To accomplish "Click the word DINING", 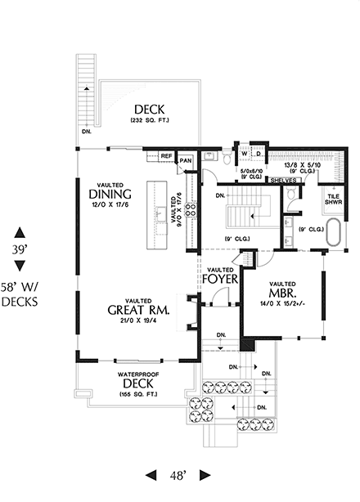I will pyautogui.click(x=112, y=195).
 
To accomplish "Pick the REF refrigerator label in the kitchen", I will pyautogui.click(x=166, y=155).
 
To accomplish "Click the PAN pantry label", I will pyautogui.click(x=187, y=160).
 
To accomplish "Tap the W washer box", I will pyautogui.click(x=244, y=153).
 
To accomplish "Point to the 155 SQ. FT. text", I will pyautogui.click(x=138, y=394).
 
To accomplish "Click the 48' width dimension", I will pyautogui.click(x=178, y=475).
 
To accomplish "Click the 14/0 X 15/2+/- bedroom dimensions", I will pyautogui.click(x=278, y=303).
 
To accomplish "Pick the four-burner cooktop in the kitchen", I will pyautogui.click(x=191, y=208).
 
